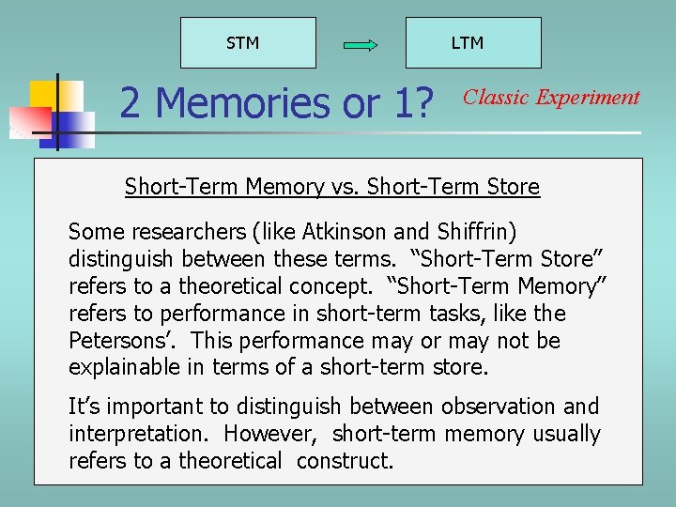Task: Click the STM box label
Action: pyautogui.click(x=243, y=43)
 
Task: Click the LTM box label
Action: pyautogui.click(x=467, y=43)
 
